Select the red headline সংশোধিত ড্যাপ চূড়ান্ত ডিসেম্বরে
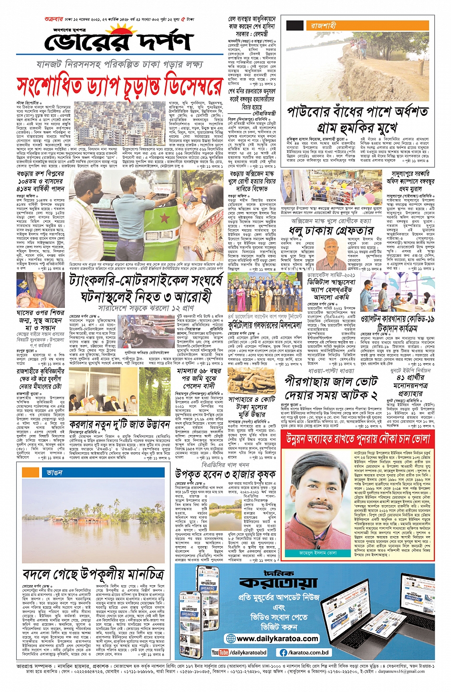pos(119,87)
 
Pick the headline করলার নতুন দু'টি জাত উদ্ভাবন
pos(119,424)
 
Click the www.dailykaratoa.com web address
pos(277,639)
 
